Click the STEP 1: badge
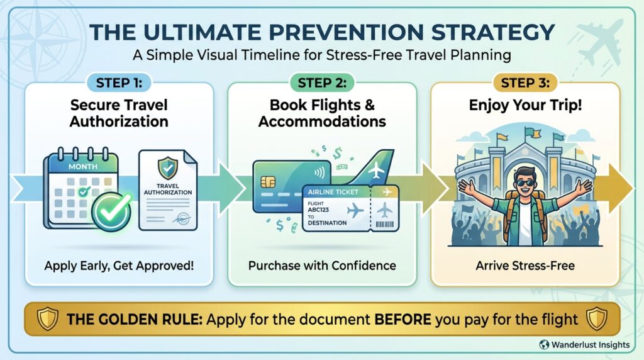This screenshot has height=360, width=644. [x=119, y=83]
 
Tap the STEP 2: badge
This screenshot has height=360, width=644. [x=322, y=83]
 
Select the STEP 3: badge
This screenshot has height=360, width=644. [x=525, y=83]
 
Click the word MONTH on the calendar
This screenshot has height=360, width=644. [x=83, y=166]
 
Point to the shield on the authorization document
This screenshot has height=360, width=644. [x=167, y=167]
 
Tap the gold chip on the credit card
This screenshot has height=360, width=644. [x=268, y=181]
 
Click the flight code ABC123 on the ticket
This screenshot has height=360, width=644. [x=318, y=210]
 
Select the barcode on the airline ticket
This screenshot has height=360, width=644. [x=384, y=225]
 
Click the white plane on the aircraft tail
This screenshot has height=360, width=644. [x=376, y=170]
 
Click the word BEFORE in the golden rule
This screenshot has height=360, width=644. [x=402, y=319]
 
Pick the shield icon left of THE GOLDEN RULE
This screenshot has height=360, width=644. [x=48, y=319]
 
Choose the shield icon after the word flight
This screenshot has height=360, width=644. [x=597, y=319]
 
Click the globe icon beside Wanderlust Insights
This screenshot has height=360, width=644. [x=544, y=344]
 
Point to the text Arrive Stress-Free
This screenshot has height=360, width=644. [x=525, y=266]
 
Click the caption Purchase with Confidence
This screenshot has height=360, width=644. [x=322, y=266]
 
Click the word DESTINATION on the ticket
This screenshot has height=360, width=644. [x=327, y=223]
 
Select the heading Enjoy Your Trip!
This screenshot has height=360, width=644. [x=525, y=105]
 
